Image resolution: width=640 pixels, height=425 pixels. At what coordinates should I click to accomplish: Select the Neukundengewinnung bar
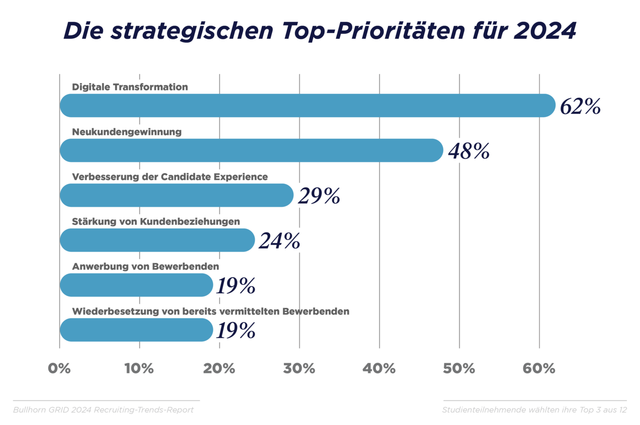tap(252, 151)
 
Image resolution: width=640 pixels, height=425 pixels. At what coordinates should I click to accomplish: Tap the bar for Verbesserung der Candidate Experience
tap(176, 196)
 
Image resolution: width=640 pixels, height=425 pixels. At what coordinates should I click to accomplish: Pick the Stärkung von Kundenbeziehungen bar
tap(157, 241)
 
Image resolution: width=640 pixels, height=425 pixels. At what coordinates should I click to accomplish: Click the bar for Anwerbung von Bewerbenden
tap(136, 285)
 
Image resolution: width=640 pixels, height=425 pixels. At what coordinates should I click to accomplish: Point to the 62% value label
tap(580, 107)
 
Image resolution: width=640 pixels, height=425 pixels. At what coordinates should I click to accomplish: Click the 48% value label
tap(468, 152)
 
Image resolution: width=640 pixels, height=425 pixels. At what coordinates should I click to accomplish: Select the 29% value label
tap(319, 196)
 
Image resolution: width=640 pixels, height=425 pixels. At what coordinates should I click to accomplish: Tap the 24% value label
tap(279, 241)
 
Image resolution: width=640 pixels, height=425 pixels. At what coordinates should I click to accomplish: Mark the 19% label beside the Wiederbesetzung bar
tap(236, 331)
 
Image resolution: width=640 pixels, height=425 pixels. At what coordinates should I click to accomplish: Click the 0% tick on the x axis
tap(59, 369)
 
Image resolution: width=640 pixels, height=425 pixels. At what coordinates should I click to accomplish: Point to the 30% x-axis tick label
tap(299, 369)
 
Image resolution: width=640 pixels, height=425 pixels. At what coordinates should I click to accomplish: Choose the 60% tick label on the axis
tap(539, 369)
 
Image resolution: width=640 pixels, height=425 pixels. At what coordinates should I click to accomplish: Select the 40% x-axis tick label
tap(379, 369)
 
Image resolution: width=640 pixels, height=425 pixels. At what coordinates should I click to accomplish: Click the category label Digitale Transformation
tap(130, 87)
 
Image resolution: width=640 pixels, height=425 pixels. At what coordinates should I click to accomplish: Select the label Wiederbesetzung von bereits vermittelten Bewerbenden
tap(210, 312)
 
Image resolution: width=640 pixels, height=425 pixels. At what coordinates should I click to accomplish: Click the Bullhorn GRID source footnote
tap(104, 410)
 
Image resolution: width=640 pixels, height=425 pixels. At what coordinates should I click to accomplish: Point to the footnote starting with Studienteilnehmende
tap(534, 410)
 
